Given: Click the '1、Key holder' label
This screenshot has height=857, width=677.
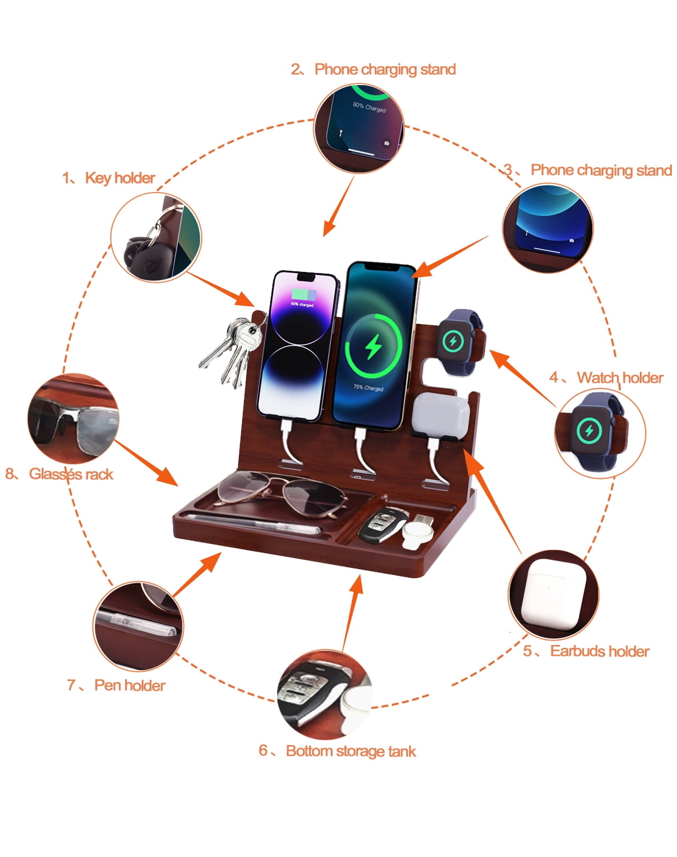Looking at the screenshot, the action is click(109, 178).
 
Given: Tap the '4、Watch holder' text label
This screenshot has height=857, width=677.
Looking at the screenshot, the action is click(606, 377).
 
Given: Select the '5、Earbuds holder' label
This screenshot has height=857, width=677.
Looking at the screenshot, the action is click(586, 651).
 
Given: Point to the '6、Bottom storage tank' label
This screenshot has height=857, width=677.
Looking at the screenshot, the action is click(337, 751).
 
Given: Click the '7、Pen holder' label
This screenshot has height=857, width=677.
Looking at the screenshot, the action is click(116, 685).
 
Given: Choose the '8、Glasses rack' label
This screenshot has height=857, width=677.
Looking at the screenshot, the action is click(59, 474).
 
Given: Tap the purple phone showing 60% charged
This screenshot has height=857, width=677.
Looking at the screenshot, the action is click(298, 346).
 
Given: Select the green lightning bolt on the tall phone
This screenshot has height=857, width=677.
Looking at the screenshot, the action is click(373, 346).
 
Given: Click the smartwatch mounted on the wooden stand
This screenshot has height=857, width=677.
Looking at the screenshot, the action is click(460, 342).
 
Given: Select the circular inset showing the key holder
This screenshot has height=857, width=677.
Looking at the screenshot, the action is click(156, 237).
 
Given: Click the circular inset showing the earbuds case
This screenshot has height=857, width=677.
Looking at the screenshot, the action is click(554, 595).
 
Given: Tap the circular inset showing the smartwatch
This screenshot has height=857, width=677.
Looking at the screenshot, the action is click(600, 433).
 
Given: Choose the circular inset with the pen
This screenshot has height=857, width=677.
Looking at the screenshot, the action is click(138, 626).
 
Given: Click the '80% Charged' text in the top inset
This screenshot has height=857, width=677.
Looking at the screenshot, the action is click(369, 107).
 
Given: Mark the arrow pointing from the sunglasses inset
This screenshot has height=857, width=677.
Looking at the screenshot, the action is click(146, 463).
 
